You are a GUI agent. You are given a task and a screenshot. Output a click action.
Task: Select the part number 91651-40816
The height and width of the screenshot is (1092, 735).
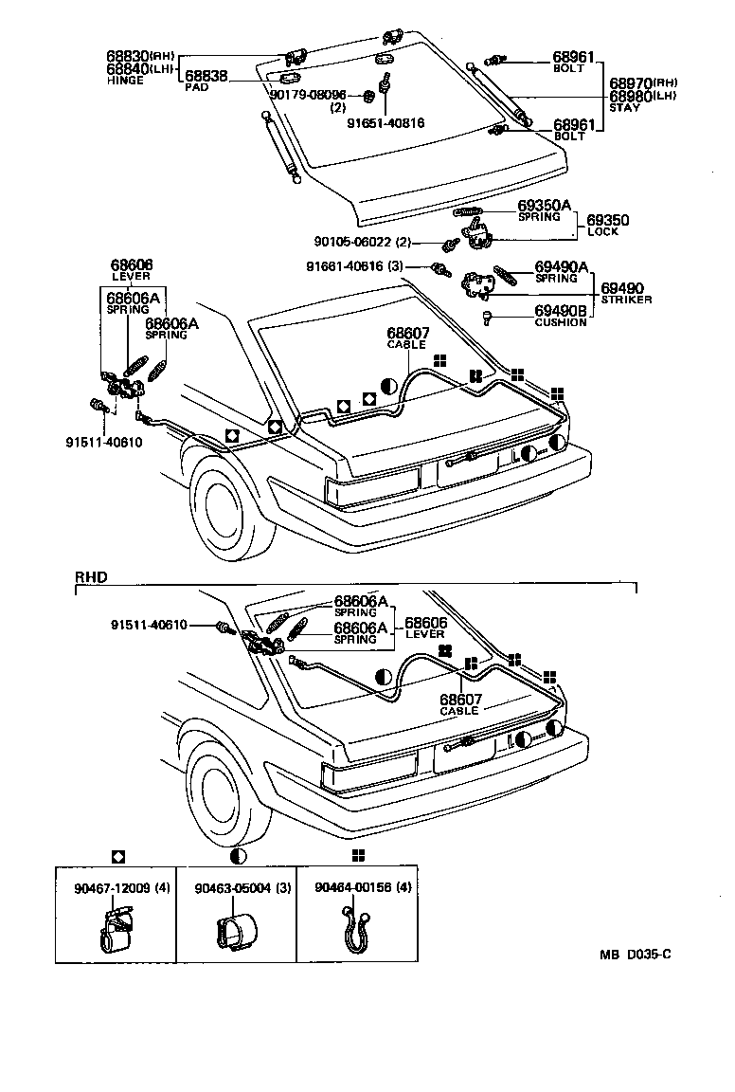(385, 122)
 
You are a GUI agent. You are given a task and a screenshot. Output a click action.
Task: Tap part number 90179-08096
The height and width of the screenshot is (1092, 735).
(308, 95)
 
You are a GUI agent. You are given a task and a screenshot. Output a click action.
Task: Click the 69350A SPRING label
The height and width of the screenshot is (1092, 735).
(544, 209)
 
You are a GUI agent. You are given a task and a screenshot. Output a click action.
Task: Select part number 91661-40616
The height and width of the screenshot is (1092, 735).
(345, 266)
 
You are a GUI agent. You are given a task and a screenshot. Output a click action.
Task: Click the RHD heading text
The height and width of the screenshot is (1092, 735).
(91, 575)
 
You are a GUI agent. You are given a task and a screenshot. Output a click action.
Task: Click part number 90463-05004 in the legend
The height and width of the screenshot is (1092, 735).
(230, 888)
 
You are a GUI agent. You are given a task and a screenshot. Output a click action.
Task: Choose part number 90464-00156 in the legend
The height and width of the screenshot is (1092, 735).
(351, 888)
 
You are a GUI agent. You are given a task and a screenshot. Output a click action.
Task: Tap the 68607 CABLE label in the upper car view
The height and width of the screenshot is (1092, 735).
(407, 337)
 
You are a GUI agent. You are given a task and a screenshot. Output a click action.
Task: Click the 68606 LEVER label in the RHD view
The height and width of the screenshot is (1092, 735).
(425, 628)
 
